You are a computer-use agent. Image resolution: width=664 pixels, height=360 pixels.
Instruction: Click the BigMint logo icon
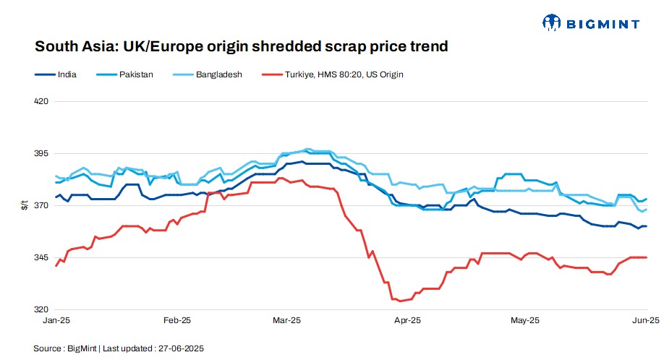pos(552,23)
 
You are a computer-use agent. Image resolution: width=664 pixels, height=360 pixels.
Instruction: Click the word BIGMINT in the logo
pos(604,24)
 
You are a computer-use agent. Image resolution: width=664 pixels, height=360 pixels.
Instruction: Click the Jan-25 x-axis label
pos(56,320)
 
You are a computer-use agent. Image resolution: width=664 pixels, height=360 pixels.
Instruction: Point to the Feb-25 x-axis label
pos(176,320)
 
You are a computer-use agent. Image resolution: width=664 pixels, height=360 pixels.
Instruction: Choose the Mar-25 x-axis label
pos(287,320)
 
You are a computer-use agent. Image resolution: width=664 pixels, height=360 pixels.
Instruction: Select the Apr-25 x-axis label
pos(407,320)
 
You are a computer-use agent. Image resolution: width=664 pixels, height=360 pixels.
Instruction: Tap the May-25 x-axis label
pos(525,320)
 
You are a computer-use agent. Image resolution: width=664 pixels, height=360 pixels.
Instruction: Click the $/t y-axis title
pos(25,205)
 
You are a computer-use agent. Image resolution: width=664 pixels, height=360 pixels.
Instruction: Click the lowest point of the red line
pos(400,301)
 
